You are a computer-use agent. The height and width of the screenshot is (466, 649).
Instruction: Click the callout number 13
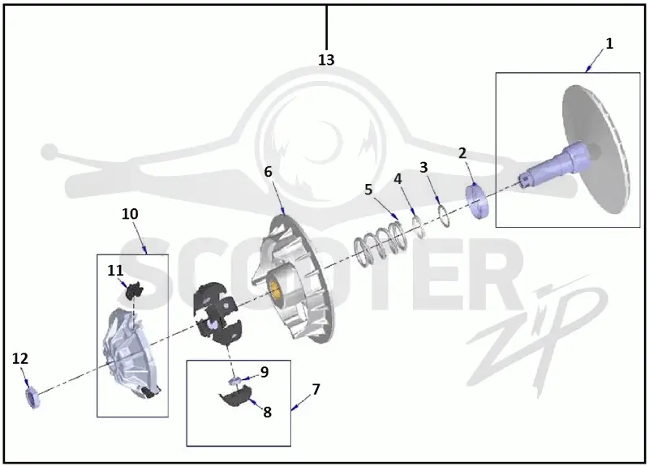[x=326, y=60]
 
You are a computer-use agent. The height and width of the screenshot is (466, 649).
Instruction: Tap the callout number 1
[x=609, y=44]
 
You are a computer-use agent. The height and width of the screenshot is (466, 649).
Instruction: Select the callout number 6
[x=269, y=172]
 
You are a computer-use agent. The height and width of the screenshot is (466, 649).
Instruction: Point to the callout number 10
[x=130, y=214]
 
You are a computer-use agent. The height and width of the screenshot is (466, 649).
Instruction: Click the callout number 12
[x=19, y=358]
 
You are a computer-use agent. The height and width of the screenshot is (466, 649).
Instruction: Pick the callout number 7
[x=316, y=389]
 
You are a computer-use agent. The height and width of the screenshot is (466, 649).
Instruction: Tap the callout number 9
[x=264, y=372]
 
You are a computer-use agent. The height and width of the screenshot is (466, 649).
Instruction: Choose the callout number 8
[x=268, y=412]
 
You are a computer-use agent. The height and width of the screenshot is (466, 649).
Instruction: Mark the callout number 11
[x=115, y=271]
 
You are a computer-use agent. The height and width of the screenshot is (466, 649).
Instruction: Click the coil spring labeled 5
[x=380, y=244]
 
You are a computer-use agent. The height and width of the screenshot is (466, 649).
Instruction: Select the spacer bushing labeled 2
[x=478, y=201]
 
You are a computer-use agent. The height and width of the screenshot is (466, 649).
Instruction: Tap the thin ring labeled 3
[x=444, y=216]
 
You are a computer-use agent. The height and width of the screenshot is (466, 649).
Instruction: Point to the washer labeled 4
[x=419, y=227]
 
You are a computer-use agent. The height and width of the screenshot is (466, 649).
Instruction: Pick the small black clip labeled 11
[x=134, y=289]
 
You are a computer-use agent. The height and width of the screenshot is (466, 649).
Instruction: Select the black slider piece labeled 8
[x=235, y=396]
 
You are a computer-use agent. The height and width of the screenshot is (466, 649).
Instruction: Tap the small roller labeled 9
[x=235, y=380]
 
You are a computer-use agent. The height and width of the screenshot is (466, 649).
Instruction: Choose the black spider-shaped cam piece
[x=215, y=313]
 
